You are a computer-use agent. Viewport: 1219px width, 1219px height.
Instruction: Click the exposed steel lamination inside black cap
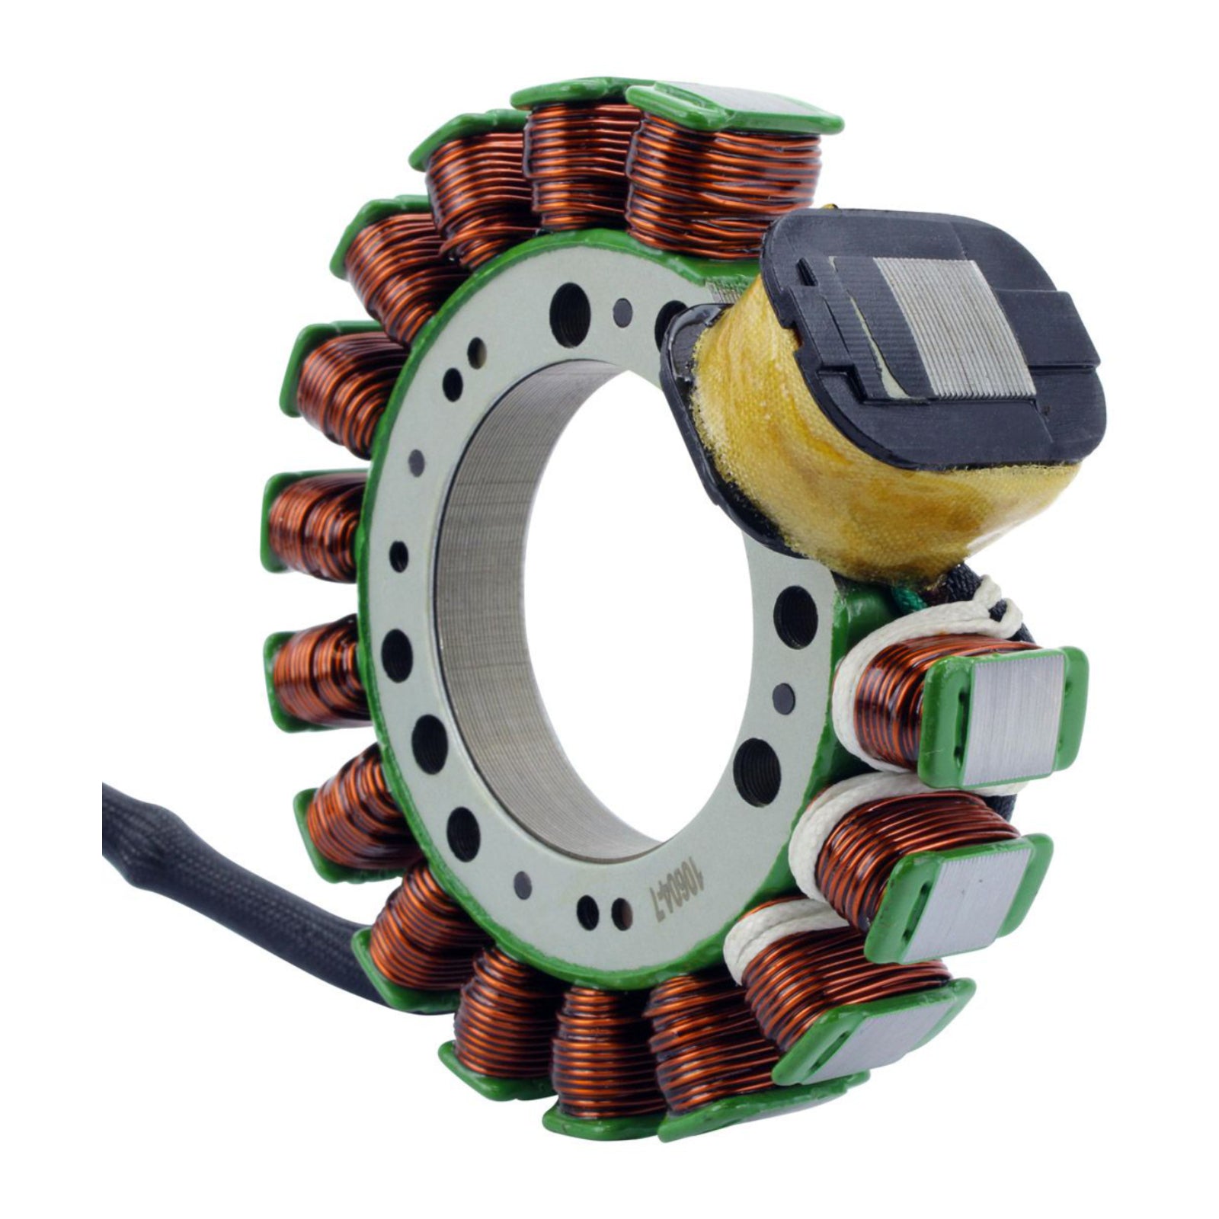pyautogui.click(x=952, y=328)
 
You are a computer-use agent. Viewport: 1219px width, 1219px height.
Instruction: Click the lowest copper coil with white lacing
pyautogui.click(x=830, y=983)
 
